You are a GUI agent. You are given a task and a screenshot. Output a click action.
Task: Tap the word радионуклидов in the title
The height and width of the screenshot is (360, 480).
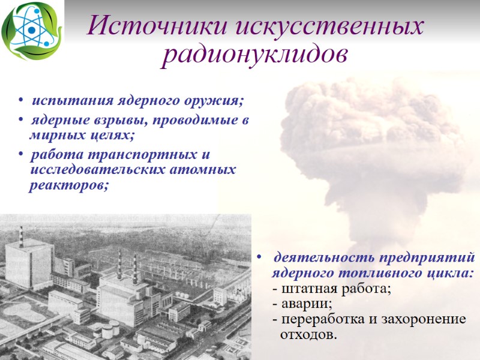(x=255, y=55)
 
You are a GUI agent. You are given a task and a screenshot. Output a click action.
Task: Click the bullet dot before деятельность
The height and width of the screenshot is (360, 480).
(x=258, y=259)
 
